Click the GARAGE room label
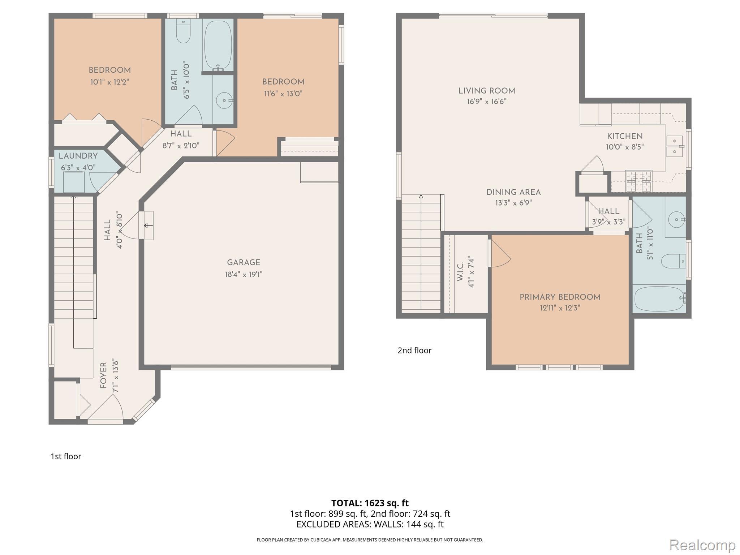244,263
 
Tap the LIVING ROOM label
487,91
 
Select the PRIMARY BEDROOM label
560,297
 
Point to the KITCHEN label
625,137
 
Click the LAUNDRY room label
78,156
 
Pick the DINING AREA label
513,193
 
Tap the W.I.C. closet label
460,272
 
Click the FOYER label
104,375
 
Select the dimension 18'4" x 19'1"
244,275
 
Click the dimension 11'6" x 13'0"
283,94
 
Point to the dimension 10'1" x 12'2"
109,82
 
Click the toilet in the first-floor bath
183,31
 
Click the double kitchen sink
674,146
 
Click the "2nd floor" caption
414,350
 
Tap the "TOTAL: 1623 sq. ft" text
370,503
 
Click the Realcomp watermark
702,545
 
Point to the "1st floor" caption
66,456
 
